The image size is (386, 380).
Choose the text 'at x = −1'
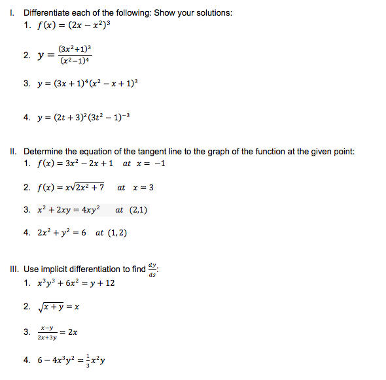tap(144, 164)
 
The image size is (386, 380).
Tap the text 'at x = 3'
tap(135, 188)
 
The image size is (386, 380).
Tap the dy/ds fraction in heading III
tap(152, 269)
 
